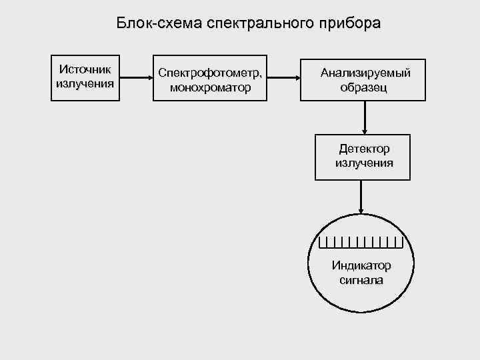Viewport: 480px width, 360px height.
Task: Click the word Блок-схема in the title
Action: (x=159, y=24)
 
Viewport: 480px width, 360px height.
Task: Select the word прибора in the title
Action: (x=350, y=24)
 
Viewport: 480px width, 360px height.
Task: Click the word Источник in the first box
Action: (x=85, y=69)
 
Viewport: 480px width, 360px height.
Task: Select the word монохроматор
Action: (x=210, y=87)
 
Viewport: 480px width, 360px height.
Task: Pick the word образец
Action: (x=364, y=87)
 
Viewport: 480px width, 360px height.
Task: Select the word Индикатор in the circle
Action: (x=361, y=266)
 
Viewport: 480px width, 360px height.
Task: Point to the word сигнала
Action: (x=361, y=280)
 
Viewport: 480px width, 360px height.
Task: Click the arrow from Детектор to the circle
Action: (x=361, y=197)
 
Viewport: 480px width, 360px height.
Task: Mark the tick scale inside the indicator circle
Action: (x=361, y=241)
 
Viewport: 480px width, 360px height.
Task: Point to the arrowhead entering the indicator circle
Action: (x=361, y=211)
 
